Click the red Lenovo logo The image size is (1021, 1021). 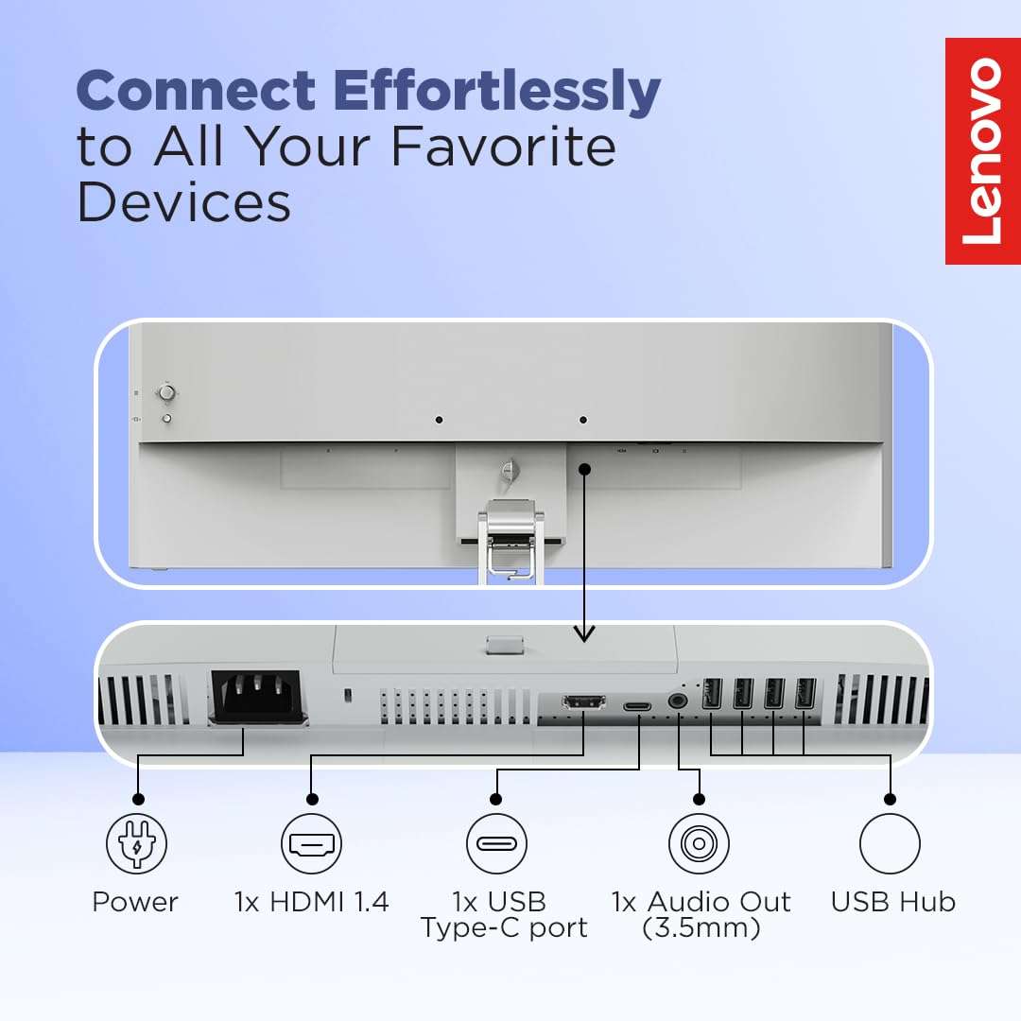(982, 151)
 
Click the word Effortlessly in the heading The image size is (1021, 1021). (497, 92)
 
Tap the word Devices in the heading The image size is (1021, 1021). (183, 202)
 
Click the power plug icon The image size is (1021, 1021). (137, 843)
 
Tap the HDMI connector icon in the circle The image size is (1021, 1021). (312, 843)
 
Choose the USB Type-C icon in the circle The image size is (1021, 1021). (496, 843)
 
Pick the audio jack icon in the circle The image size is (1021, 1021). (699, 843)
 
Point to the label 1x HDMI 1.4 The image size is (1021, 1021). (312, 902)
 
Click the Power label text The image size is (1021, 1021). (135, 902)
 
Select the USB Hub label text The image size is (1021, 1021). (893, 902)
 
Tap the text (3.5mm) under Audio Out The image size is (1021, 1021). (701, 928)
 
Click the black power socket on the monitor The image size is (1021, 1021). (258, 697)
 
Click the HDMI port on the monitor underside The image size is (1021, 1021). (583, 701)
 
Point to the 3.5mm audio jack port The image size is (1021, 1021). (678, 701)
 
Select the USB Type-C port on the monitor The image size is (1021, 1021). (637, 706)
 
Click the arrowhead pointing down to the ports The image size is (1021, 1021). (584, 633)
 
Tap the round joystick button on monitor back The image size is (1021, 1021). (166, 392)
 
